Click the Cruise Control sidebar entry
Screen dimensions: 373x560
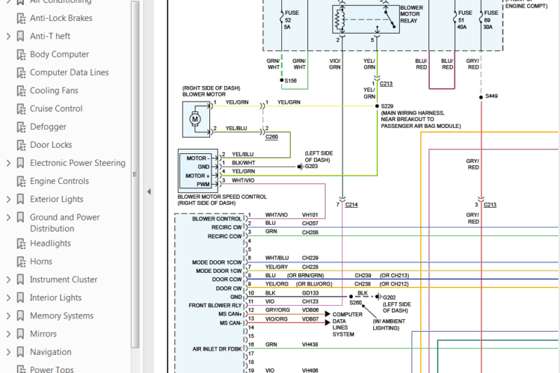pos(56,108)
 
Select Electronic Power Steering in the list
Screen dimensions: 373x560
pos(77,163)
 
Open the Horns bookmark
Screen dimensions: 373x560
pos(41,261)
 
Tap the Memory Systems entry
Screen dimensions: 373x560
pos(61,316)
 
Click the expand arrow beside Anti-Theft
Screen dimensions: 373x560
pos(8,36)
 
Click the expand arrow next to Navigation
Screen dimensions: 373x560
pos(8,352)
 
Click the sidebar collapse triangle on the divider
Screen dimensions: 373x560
pos(148,191)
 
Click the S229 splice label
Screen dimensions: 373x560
pos(387,106)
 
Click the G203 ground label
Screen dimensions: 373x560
pos(312,167)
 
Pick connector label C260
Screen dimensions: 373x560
pos(271,136)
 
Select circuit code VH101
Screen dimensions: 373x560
pos(310,215)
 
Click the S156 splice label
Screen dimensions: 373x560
pos(290,81)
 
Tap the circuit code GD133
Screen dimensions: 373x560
pos(310,293)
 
